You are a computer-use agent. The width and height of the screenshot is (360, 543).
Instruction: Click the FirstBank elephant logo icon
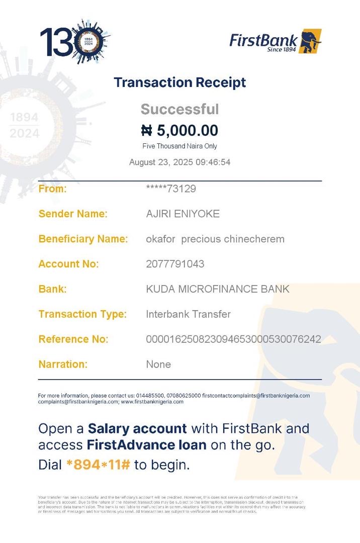[x=310, y=41]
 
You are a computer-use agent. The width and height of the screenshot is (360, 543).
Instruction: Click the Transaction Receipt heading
[x=179, y=82]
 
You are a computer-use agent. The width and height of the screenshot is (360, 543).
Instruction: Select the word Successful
[x=179, y=109]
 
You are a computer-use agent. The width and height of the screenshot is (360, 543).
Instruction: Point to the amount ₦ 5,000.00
[x=179, y=131]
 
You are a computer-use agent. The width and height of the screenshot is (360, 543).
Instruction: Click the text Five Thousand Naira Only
[x=179, y=146]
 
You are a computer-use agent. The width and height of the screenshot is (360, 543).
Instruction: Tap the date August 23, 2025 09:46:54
[x=179, y=162]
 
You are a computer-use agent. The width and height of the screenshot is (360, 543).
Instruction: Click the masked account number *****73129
[x=170, y=189]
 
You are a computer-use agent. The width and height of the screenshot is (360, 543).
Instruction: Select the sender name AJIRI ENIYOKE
[x=183, y=214]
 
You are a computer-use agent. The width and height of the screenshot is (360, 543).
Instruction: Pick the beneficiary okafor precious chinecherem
[x=215, y=239]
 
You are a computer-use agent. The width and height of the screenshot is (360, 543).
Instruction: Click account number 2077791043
[x=175, y=264]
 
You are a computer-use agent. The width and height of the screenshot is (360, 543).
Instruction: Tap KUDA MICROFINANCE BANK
[x=217, y=289]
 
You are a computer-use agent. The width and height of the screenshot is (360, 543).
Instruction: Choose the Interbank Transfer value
[x=188, y=314]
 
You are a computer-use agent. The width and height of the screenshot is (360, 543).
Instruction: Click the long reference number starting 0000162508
[x=233, y=339]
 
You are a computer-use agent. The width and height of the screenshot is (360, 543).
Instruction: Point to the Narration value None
[x=158, y=365]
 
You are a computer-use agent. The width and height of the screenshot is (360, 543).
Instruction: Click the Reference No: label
[x=73, y=339]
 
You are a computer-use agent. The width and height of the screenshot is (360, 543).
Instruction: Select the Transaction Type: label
[x=82, y=314]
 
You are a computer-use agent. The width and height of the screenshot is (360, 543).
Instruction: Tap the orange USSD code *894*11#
[x=98, y=465]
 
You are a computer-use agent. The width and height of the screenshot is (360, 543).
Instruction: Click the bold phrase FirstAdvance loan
[x=146, y=445]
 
